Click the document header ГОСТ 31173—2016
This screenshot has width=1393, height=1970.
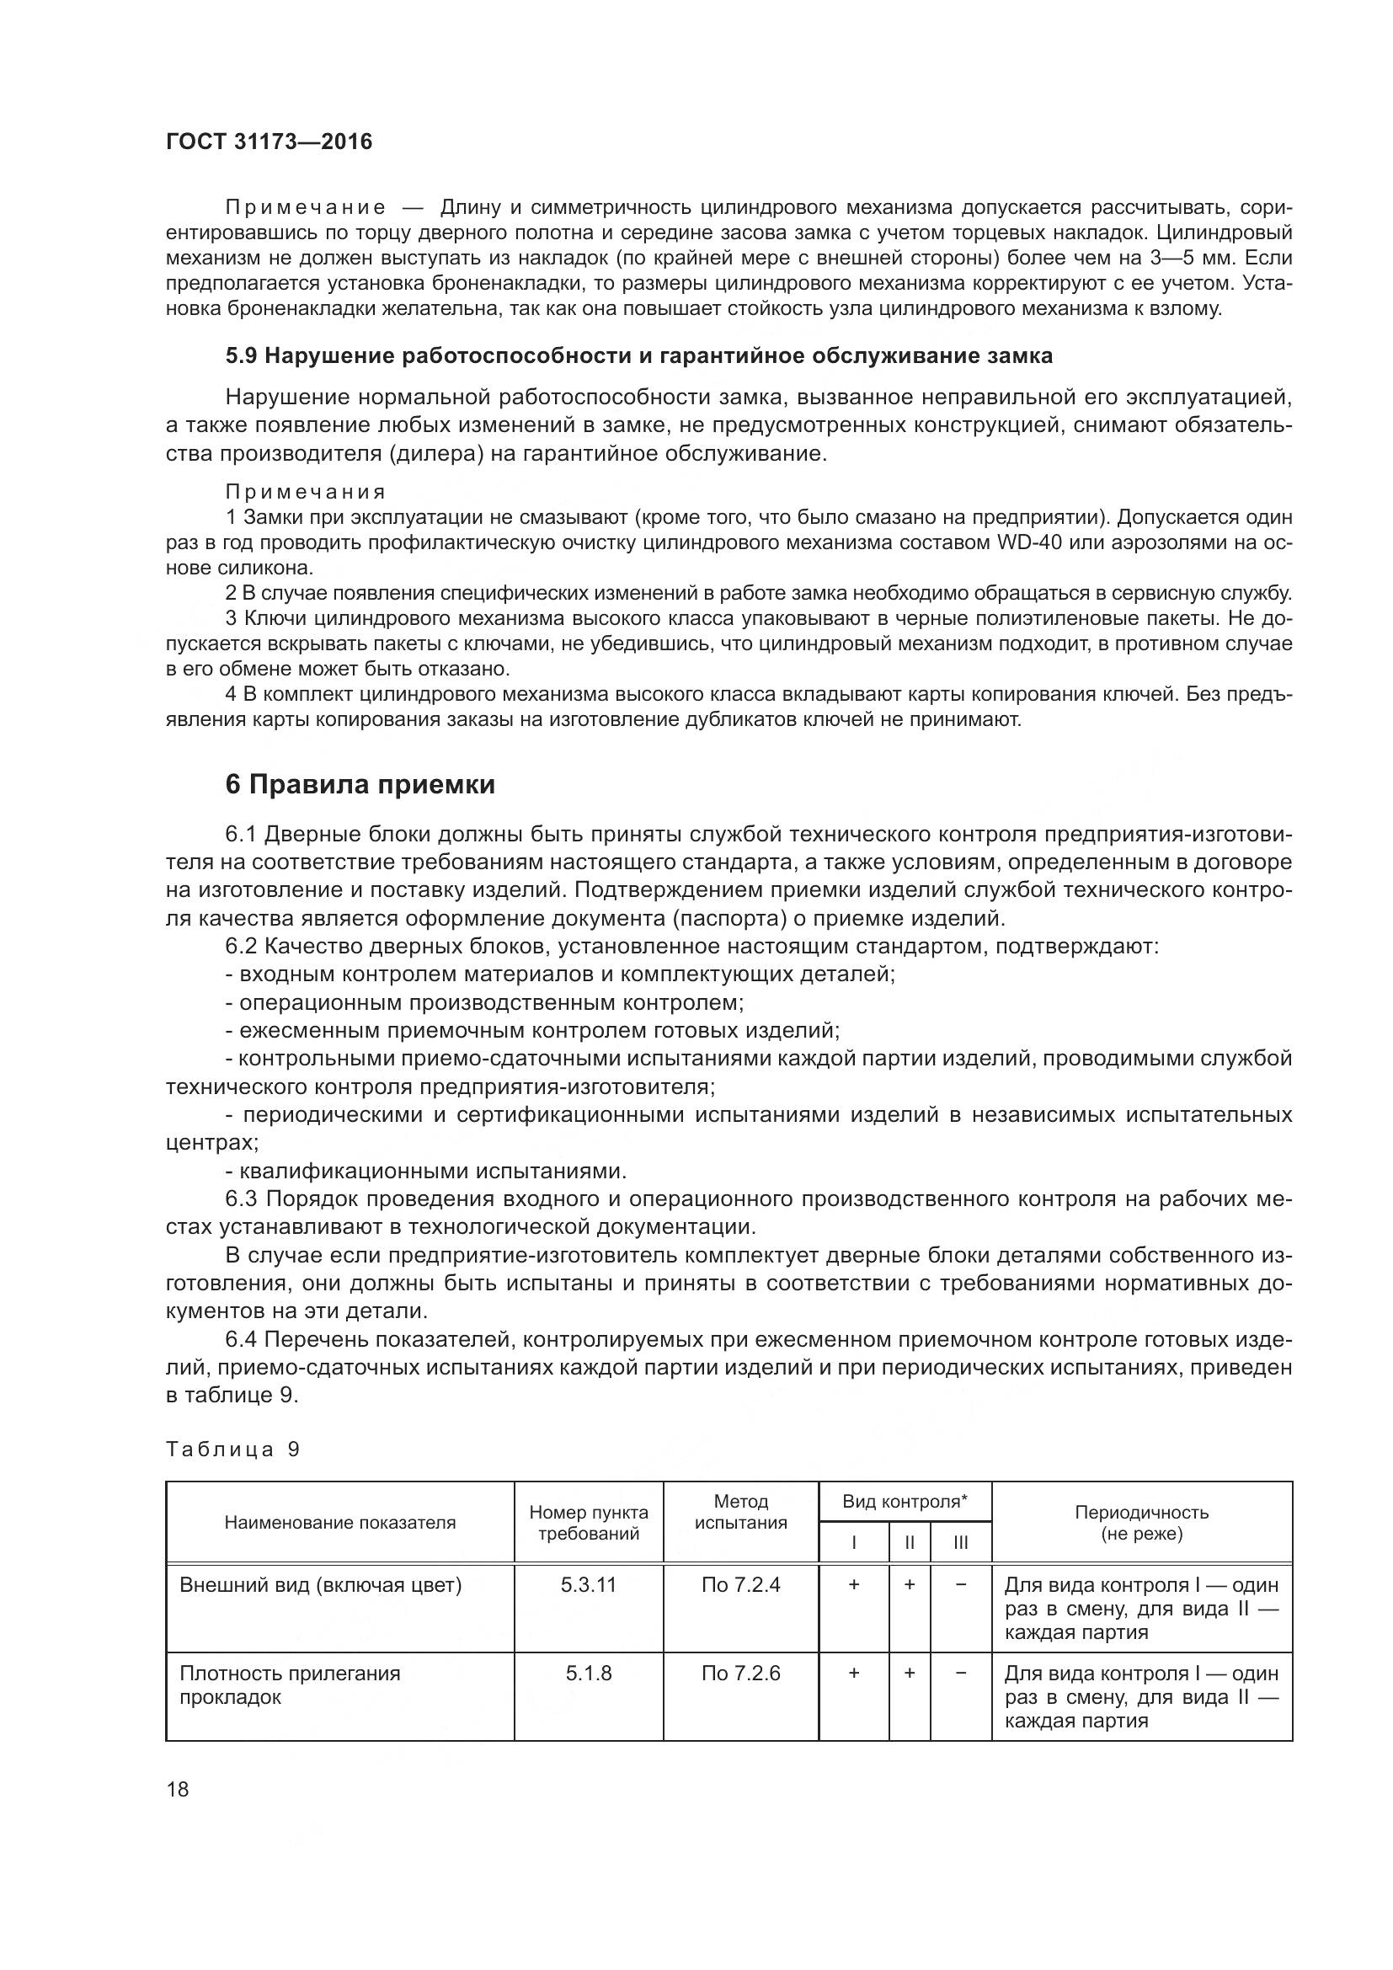[x=270, y=141]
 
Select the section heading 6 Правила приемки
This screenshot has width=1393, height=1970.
[x=360, y=784]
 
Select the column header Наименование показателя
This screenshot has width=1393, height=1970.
[x=339, y=1522]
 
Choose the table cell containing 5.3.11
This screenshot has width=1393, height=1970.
[x=589, y=1585]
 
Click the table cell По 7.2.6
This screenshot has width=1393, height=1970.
[x=740, y=1674]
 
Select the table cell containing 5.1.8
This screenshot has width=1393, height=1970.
[x=589, y=1674]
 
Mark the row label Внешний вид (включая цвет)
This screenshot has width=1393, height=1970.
[x=321, y=1585]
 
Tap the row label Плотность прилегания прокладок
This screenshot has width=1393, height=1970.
[x=290, y=1685]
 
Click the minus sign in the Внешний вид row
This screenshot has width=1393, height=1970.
[x=961, y=1585]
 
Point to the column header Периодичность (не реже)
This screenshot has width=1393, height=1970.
[x=1141, y=1522]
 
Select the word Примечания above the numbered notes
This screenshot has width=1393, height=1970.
[x=306, y=492]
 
